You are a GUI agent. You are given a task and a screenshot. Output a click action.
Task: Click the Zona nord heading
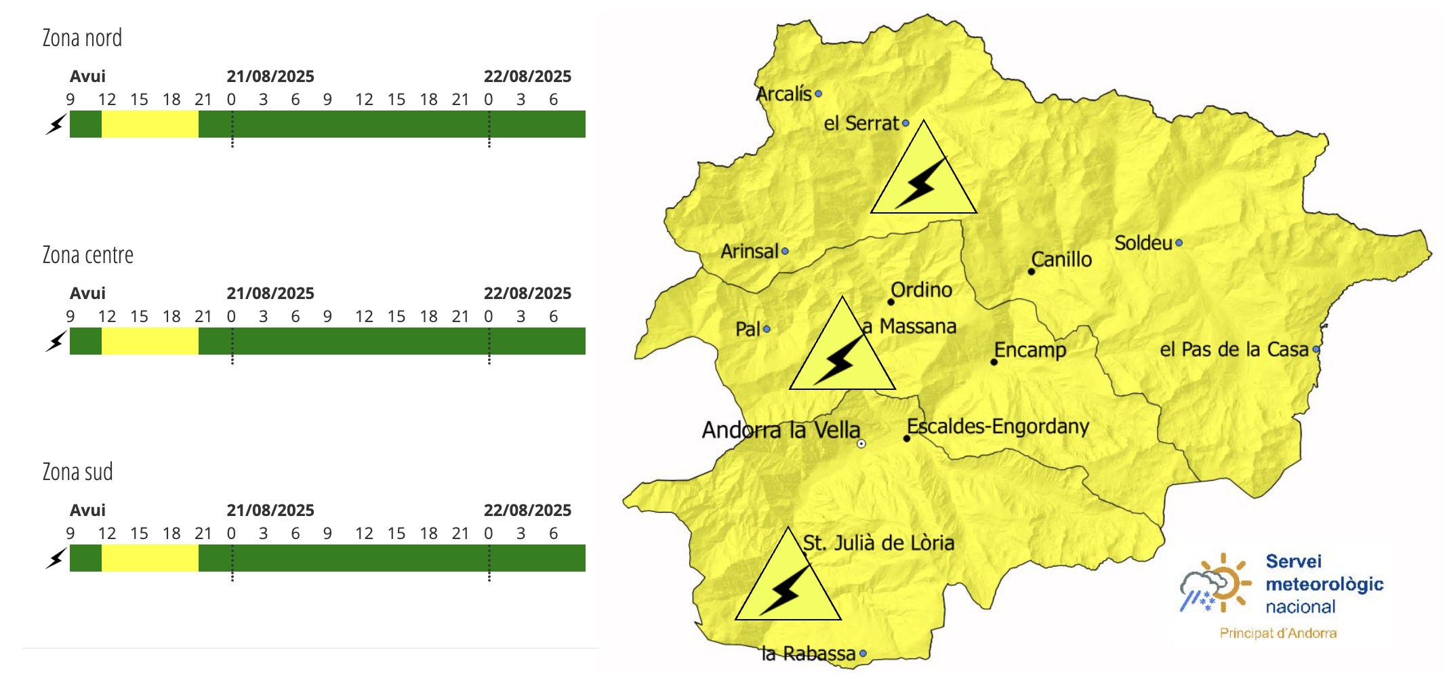pos(82,38)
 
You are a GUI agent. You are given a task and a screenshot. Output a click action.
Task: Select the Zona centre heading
pos(87,255)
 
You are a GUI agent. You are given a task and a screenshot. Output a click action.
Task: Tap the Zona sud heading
pos(77,472)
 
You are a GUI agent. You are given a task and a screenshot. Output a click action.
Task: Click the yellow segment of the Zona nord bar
pos(150,124)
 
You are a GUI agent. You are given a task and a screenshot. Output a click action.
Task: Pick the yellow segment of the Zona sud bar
pos(150,558)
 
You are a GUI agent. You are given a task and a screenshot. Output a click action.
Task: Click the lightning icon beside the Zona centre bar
pos(56,341)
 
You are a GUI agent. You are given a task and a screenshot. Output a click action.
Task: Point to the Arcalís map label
pos(783,94)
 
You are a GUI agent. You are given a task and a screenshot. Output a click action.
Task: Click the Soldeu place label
pos(1143,243)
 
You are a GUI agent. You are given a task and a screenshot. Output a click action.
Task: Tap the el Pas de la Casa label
pos(1234,349)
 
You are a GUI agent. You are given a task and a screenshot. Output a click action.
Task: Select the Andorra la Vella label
pos(781,430)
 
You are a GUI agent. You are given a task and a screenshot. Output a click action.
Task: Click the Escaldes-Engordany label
pos(998,427)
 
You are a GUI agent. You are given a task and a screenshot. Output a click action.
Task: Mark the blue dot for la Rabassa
pos(863,654)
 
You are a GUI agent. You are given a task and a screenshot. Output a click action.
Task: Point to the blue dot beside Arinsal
pos(785,251)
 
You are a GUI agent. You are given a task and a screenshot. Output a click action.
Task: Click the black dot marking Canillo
pos(1032,271)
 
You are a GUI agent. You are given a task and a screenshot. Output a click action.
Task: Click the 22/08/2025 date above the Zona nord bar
pos(527,76)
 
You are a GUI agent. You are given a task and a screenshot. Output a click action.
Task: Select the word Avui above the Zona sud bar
pos(87,510)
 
